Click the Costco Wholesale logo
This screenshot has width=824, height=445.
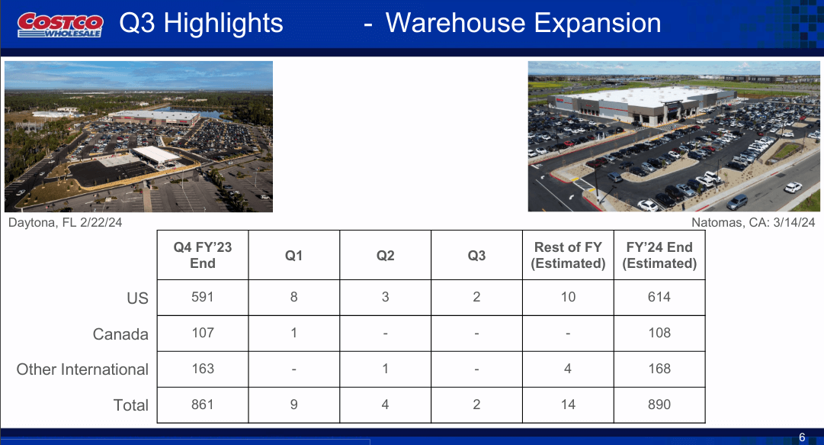[x=60, y=25]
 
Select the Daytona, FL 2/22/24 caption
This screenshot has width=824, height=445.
[x=65, y=223]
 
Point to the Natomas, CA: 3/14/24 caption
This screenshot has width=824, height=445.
[x=753, y=223]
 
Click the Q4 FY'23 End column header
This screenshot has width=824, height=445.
[x=203, y=255]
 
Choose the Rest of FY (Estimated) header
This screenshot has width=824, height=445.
[x=568, y=255]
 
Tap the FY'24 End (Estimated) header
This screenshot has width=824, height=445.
[x=659, y=255]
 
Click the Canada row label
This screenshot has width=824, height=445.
[x=120, y=334]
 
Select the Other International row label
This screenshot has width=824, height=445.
[x=82, y=369]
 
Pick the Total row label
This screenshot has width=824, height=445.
[x=131, y=405]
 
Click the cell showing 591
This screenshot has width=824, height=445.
[x=203, y=297]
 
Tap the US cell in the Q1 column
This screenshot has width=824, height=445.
[x=293, y=297]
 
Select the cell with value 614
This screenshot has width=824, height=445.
[x=659, y=297]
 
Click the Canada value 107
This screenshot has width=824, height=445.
[x=203, y=333]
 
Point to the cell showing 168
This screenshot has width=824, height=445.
[x=659, y=369]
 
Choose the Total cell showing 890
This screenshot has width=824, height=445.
[x=659, y=405]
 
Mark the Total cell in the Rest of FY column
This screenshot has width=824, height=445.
[x=568, y=405]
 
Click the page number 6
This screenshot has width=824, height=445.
[x=802, y=437]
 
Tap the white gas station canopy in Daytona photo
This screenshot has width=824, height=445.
[x=156, y=155]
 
